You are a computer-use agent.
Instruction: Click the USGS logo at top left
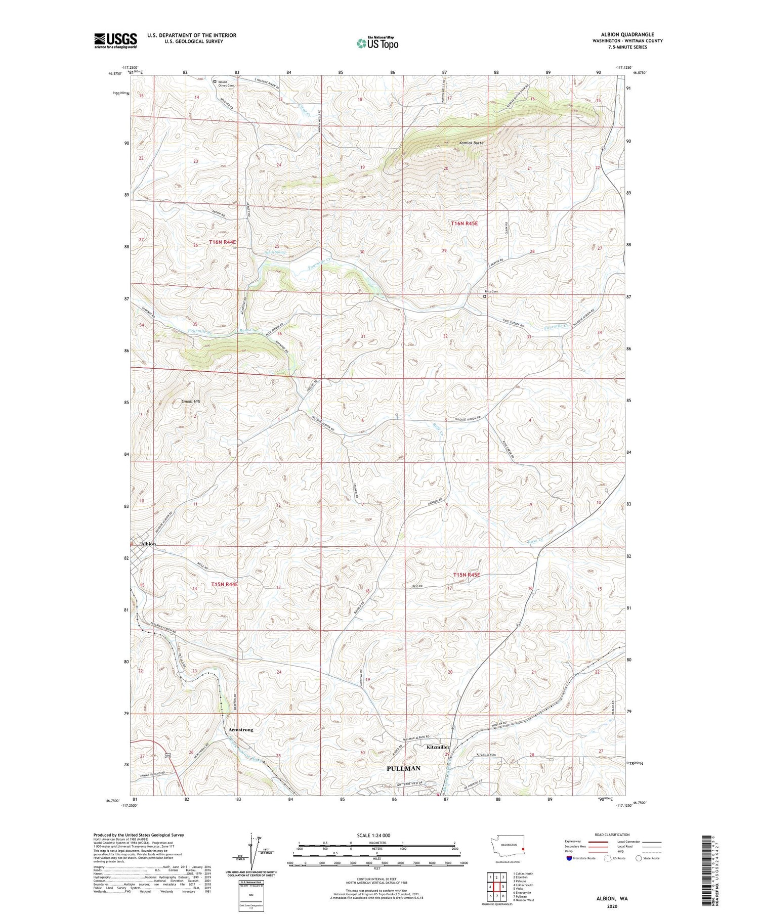[x=115, y=40]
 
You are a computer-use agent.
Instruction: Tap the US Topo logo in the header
[x=377, y=43]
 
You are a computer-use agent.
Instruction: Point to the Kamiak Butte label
[x=471, y=143]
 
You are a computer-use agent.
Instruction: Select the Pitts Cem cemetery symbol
[x=484, y=297]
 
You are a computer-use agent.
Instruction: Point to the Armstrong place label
[x=240, y=730]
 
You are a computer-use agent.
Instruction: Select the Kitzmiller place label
[x=438, y=747]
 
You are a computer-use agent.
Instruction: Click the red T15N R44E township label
[x=224, y=584]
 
